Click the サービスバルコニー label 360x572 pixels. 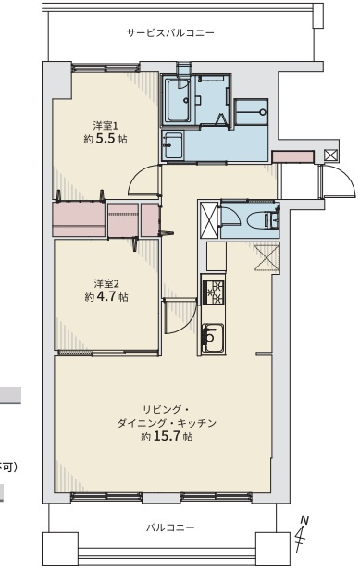pos(170,32)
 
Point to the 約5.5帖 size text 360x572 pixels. pos(102,141)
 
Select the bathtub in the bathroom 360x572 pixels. pos(178,99)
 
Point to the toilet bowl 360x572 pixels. pos(265,219)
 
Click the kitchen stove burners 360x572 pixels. pos(213,291)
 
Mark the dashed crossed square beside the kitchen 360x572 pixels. pos(267,256)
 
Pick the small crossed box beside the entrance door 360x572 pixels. pos(330,155)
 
